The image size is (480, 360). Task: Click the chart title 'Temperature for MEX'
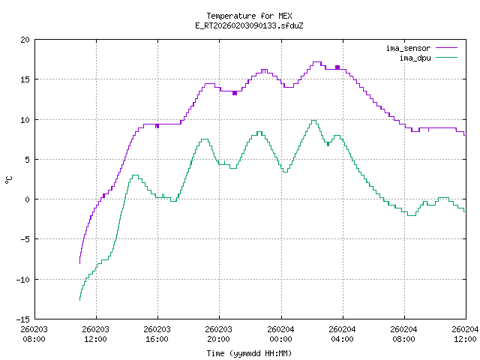[x=249, y=16]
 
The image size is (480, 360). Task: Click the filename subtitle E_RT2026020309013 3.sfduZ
[x=249, y=25]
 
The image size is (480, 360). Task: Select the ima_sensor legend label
[x=407, y=48]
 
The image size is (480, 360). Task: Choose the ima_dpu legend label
[x=413, y=57]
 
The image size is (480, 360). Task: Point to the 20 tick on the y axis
[x=25, y=40]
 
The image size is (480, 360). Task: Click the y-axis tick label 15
[x=25, y=79]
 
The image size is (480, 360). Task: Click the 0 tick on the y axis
[x=28, y=199]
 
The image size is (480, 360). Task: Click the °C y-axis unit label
[x=9, y=179]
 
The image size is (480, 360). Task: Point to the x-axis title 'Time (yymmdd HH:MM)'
[x=249, y=353]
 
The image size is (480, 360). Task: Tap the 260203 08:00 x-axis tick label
[x=34, y=334]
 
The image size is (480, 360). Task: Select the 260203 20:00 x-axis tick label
[x=218, y=334]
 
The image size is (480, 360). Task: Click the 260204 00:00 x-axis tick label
[x=280, y=334]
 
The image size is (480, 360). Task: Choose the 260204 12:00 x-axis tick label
[x=465, y=334]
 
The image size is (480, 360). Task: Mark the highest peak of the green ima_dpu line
[x=313, y=120]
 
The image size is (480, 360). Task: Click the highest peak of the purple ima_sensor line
[x=316, y=62]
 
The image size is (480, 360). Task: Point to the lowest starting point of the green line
[x=79, y=300]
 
